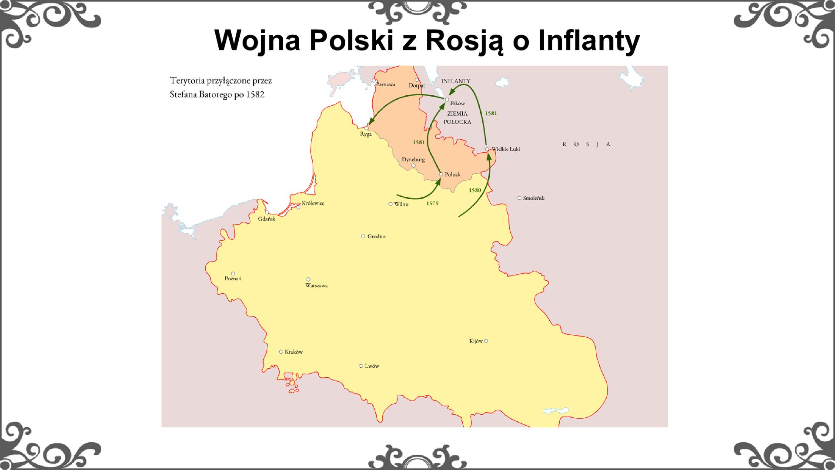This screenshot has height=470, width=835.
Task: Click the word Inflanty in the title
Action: [589, 40]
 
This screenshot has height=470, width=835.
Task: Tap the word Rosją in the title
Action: [464, 40]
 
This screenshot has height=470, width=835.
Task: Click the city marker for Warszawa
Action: [308, 279]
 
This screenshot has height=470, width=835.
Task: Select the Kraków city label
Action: [294, 352]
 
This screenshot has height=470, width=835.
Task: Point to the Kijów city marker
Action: [486, 341]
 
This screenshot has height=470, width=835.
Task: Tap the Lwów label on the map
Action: [372, 366]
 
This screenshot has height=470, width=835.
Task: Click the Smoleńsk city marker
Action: [519, 198]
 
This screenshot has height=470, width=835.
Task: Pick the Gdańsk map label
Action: [267, 219]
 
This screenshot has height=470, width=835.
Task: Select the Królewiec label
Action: [313, 203]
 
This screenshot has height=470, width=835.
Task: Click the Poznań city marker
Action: [233, 274]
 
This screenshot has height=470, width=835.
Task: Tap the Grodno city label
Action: [376, 236]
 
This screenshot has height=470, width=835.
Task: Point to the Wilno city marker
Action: [391, 204]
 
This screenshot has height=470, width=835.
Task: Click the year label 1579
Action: [432, 203]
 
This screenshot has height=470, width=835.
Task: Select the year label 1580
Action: [475, 190]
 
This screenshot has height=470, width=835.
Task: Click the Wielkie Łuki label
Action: [506, 149]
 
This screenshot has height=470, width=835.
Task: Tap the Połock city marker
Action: [441, 175]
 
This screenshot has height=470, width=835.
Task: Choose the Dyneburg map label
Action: [413, 159]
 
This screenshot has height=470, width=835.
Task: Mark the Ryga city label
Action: [366, 134]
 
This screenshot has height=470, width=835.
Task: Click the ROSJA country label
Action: [586, 144]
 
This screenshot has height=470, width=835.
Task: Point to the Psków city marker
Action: [447, 100]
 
